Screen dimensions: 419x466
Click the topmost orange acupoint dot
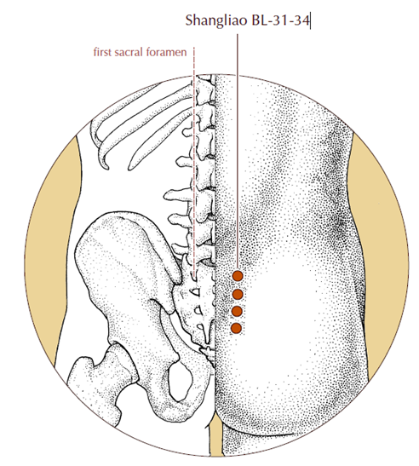click(x=238, y=276)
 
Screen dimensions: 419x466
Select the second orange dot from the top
click(x=238, y=295)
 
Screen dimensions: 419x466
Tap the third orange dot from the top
click(x=237, y=312)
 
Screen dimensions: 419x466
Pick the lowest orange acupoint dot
click(x=236, y=328)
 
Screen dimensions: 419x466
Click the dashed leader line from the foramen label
click(x=194, y=163)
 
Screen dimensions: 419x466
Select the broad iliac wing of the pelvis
click(x=125, y=262)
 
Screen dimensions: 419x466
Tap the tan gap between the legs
click(x=216, y=437)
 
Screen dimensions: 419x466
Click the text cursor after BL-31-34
click(x=310, y=20)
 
